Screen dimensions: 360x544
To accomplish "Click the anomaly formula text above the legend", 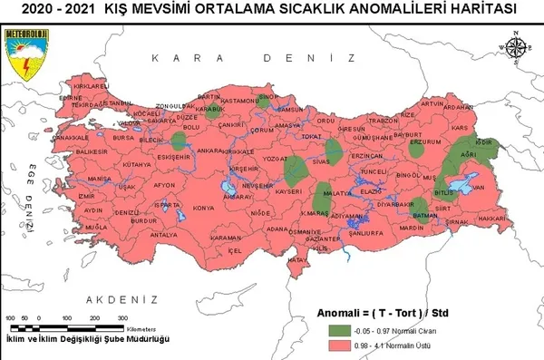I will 385,313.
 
